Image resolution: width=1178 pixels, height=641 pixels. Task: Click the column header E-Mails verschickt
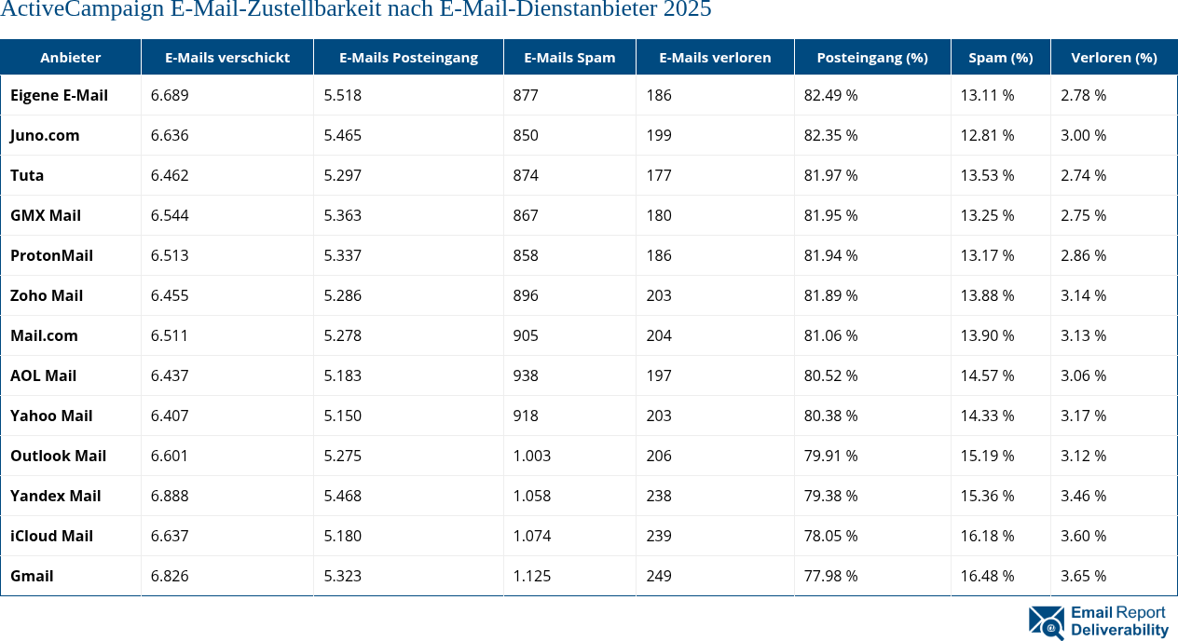click(227, 58)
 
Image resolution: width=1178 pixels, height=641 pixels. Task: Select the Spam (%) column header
click(1000, 58)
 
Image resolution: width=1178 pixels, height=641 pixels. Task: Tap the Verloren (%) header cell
click(1114, 58)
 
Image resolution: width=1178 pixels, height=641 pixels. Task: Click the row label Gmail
click(32, 576)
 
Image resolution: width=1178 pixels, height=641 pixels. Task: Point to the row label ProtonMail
click(51, 255)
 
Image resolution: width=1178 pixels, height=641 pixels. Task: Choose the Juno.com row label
click(45, 135)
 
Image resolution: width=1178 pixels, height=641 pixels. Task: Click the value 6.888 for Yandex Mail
click(170, 496)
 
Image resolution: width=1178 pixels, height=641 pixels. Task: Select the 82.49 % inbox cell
click(830, 95)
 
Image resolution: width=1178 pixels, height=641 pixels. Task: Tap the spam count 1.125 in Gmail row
click(531, 576)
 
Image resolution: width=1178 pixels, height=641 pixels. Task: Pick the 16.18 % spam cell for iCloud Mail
click(987, 536)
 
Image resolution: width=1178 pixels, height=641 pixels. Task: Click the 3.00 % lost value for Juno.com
click(1083, 135)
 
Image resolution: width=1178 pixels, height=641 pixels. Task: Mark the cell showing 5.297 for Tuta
click(342, 175)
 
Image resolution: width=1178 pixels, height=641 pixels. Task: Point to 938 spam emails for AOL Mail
click(526, 375)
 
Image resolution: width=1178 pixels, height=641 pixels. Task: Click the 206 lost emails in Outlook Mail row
click(659, 456)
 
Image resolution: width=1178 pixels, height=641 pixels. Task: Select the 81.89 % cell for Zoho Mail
click(830, 295)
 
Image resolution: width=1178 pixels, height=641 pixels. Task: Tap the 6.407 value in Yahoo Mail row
click(170, 416)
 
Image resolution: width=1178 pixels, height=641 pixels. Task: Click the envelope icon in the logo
click(1046, 622)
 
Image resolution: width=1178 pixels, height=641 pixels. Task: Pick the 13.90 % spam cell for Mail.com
click(987, 335)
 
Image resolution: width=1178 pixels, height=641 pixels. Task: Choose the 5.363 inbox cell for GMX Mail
click(342, 215)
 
